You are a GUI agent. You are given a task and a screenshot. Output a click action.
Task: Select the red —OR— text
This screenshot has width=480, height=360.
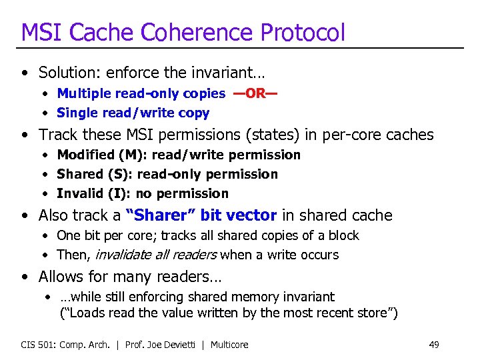[255, 93]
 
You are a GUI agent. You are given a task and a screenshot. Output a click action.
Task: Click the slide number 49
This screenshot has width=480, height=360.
[434, 345]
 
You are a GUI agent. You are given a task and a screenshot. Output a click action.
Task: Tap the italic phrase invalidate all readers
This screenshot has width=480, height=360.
[157, 255]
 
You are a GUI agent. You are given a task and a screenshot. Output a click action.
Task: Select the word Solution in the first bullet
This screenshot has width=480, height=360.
[66, 72]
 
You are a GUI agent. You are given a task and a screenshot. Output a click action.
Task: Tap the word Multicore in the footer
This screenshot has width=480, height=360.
[230, 345]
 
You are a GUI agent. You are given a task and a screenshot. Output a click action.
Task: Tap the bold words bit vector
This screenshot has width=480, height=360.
[238, 215]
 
